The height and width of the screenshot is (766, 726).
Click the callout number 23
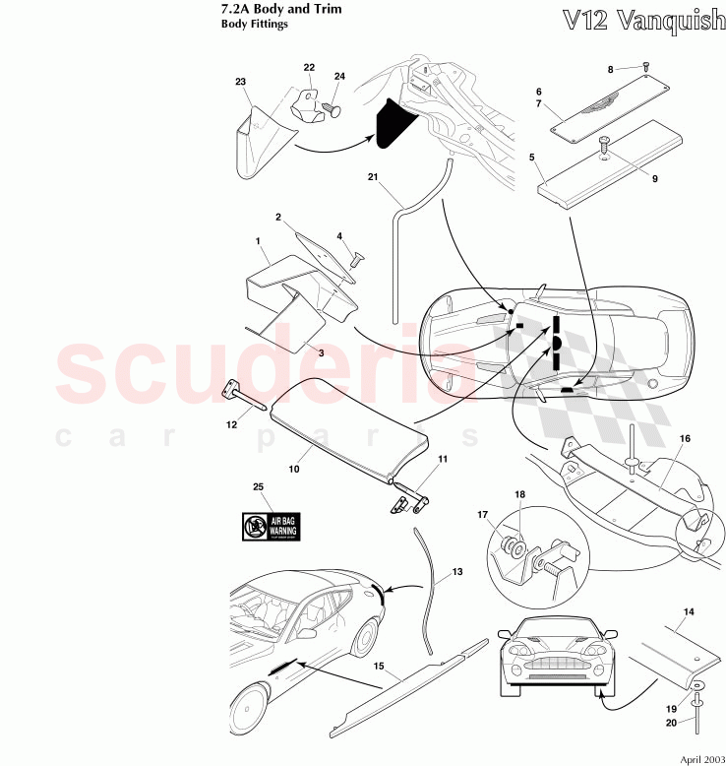pyautogui.click(x=240, y=83)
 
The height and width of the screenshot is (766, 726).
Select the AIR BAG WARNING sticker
pyautogui.click(x=272, y=526)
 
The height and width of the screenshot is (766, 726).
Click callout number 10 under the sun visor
pyautogui.click(x=294, y=470)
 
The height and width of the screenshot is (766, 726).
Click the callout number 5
pyautogui.click(x=532, y=157)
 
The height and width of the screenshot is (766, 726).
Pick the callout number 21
pyautogui.click(x=373, y=178)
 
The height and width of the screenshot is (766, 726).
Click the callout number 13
pyautogui.click(x=455, y=572)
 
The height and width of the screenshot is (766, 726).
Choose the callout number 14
pyautogui.click(x=689, y=612)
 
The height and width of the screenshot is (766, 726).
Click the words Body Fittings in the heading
pyautogui.click(x=255, y=26)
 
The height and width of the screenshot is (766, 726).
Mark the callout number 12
pyautogui.click(x=231, y=425)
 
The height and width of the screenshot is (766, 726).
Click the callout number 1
pyautogui.click(x=258, y=241)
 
